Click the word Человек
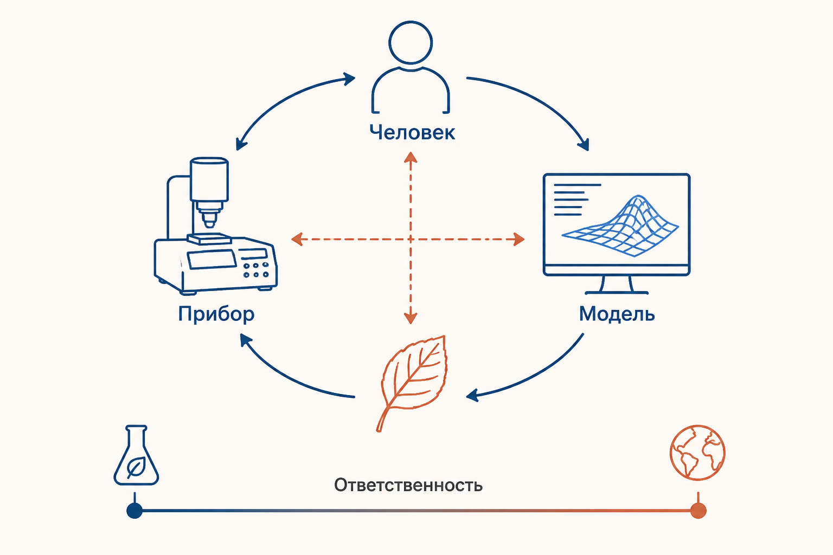point(412,132)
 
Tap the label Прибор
point(216,314)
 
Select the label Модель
point(617,314)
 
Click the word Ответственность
point(408,485)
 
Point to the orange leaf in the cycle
point(412,383)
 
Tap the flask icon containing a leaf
point(136,455)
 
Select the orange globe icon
point(697,453)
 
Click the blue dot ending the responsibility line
point(134,511)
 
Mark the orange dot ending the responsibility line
point(698,511)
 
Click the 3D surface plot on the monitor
point(620,226)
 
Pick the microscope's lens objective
point(209,216)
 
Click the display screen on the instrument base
point(212,259)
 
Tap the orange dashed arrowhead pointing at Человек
point(411,157)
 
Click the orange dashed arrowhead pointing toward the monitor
point(519,240)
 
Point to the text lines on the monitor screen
point(577,199)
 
